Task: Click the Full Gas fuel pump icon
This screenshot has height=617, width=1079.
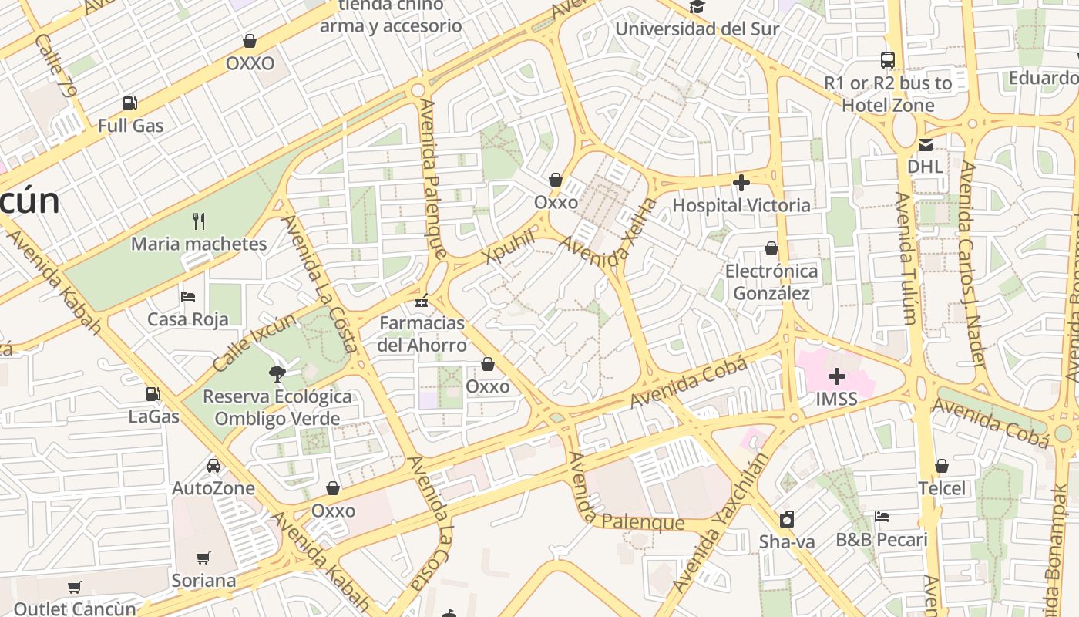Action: tap(130, 103)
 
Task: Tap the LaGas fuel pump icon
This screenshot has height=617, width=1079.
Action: tap(153, 394)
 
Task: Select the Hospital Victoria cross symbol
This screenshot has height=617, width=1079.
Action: tap(741, 183)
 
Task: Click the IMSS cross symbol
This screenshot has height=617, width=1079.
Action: tap(836, 376)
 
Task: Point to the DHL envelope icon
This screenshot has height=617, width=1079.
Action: tap(925, 144)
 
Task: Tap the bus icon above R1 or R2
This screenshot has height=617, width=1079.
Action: tap(888, 59)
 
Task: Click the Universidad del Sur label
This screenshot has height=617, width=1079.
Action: tap(697, 29)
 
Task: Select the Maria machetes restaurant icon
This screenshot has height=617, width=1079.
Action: tap(199, 221)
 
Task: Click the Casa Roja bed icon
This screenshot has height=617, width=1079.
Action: tap(188, 296)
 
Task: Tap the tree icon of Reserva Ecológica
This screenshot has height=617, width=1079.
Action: tap(275, 374)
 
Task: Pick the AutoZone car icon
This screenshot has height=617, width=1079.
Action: tap(213, 465)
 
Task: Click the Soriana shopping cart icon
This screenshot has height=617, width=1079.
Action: tap(203, 557)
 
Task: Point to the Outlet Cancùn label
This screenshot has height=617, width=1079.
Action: tap(74, 609)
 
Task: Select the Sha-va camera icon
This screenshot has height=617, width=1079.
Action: tap(786, 519)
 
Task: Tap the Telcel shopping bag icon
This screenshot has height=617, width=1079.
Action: tap(941, 466)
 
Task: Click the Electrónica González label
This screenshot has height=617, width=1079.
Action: tap(771, 282)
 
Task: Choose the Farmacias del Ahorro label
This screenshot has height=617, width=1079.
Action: tap(422, 333)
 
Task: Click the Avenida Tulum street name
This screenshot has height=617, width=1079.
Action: tap(906, 258)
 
